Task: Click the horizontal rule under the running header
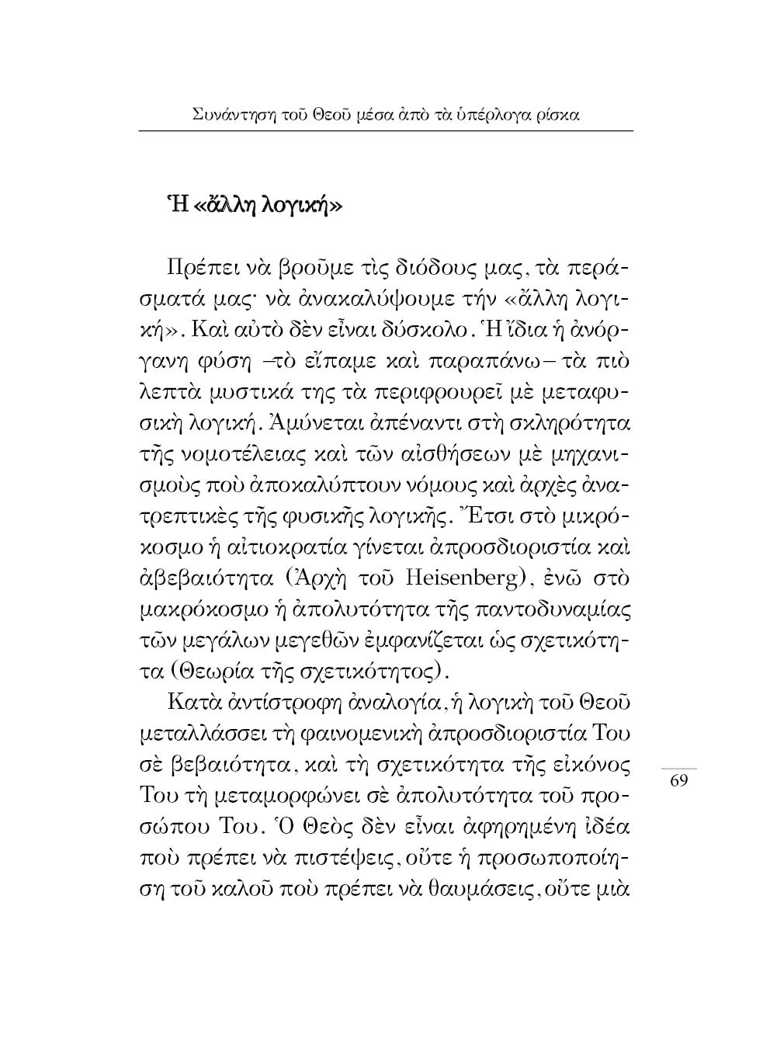tap(386, 131)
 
